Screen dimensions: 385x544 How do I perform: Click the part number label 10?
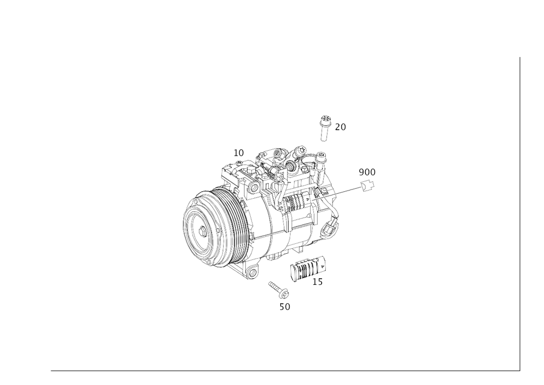click(239, 153)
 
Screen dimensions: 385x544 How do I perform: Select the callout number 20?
click(341, 127)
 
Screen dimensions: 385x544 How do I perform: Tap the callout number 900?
click(367, 172)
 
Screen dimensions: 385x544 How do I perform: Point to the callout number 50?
click(285, 307)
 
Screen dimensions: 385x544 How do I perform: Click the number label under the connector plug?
click(318, 282)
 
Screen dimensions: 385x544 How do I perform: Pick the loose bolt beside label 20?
click(324, 127)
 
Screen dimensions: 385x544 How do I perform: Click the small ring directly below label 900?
click(368, 187)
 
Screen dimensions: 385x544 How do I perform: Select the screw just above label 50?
click(278, 289)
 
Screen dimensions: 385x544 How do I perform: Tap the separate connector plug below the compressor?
click(308, 270)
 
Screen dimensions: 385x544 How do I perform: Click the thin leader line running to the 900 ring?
click(343, 193)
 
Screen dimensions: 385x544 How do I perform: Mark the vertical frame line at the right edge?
click(518, 212)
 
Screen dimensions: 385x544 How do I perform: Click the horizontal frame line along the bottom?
click(283, 369)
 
